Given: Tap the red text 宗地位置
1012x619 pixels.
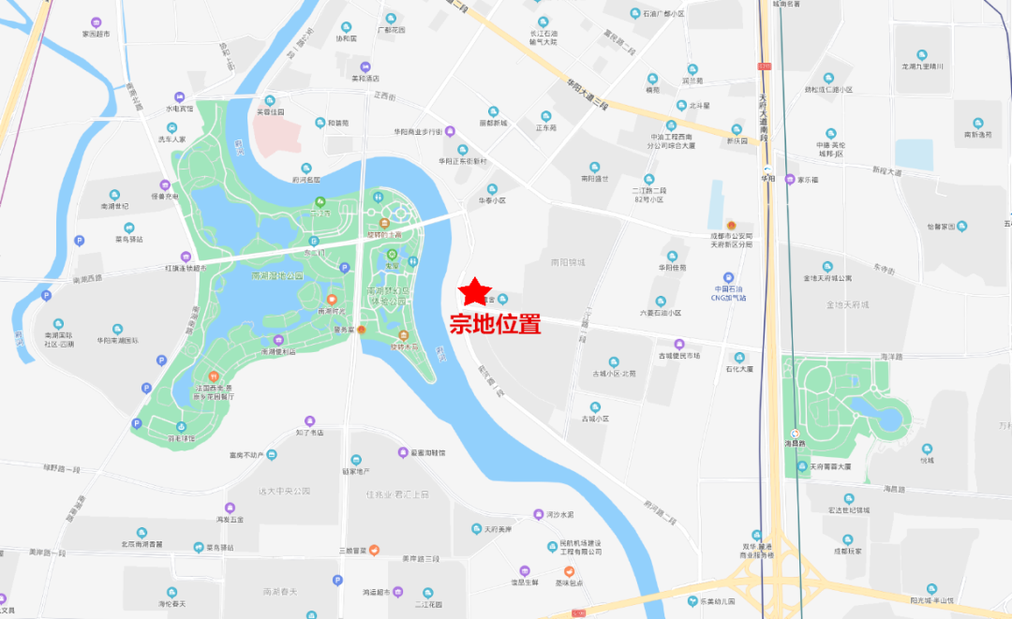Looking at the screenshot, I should coord(496,325).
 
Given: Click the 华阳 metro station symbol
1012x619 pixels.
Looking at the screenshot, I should coord(768,166).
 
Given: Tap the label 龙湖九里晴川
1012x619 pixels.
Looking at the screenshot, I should coord(923,66).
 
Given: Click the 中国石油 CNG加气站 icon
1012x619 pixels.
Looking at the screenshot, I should coord(728,277).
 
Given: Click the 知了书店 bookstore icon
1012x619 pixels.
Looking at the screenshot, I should coord(309,421).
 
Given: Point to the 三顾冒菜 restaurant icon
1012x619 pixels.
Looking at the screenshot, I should coord(374,549).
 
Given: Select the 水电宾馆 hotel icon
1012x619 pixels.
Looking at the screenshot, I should coord(179,96).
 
